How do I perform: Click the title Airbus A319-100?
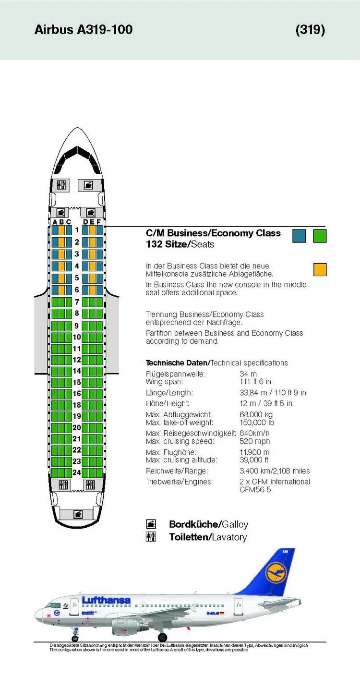[x=84, y=30]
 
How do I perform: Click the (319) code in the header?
[x=310, y=30]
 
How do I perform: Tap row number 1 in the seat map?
[x=77, y=230]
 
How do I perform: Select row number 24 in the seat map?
[x=77, y=472]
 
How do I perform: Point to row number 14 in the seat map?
[x=77, y=371]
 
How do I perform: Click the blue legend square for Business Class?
[x=299, y=236]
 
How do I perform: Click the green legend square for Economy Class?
[x=320, y=236]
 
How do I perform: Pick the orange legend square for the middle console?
[x=320, y=269]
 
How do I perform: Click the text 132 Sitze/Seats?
[x=180, y=244]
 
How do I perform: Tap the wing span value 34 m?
[x=248, y=374]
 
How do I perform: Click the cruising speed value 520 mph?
[x=255, y=441]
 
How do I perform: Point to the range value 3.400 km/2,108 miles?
[x=275, y=471]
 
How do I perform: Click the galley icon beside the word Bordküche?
[x=151, y=524]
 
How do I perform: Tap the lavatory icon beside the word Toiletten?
[x=151, y=537]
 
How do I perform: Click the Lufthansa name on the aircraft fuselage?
[x=106, y=600]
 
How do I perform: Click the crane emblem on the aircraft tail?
[x=276, y=573]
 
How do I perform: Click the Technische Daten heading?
[x=177, y=363]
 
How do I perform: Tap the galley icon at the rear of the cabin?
[x=77, y=514]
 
